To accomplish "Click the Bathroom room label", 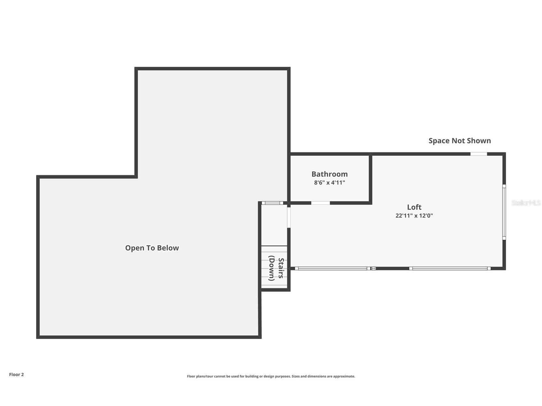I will click(x=329, y=174).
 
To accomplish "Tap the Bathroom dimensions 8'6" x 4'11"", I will click(x=329, y=183).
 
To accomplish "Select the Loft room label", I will click(x=414, y=207).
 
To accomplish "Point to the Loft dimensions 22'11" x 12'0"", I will click(x=414, y=215).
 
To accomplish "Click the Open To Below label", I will click(x=152, y=248).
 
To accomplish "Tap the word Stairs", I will click(x=281, y=268).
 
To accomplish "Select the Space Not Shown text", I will click(x=459, y=141).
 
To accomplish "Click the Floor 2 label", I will click(x=16, y=374).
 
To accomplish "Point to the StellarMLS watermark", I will click(x=526, y=203).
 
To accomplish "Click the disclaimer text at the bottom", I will click(x=271, y=376).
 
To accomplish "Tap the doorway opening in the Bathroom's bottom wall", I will click(x=320, y=203).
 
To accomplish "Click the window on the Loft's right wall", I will click(x=504, y=212).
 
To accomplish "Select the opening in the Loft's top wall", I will click(x=478, y=154).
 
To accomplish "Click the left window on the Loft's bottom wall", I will click(x=332, y=268).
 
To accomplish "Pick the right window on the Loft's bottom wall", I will click(x=450, y=268).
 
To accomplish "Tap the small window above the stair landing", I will click(x=272, y=203).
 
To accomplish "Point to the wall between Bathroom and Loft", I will click(x=370, y=179).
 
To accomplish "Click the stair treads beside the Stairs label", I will click(x=265, y=268).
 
